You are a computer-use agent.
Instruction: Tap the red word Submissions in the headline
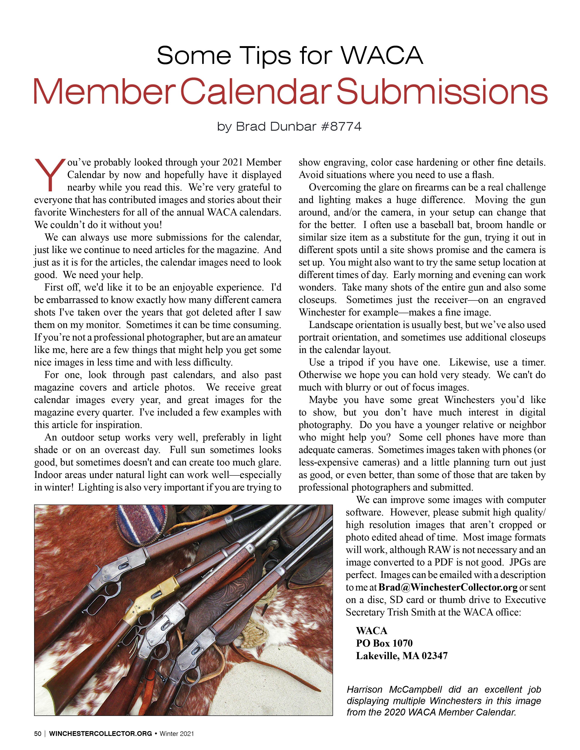click(x=442, y=91)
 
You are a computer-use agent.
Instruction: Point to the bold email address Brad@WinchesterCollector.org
click(x=448, y=587)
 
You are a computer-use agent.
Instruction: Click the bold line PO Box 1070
click(x=384, y=643)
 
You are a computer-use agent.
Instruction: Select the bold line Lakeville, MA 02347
click(x=402, y=656)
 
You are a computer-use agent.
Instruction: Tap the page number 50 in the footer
click(x=38, y=734)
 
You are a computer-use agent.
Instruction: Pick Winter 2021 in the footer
click(x=177, y=734)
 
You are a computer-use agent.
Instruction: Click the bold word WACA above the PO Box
click(x=371, y=631)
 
